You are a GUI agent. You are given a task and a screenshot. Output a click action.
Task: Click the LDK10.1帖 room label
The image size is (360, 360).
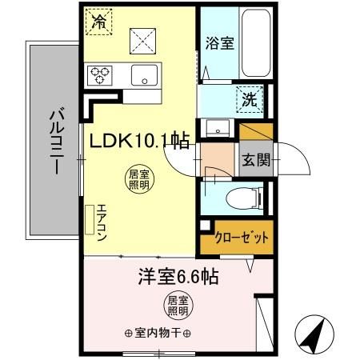pos(139,142)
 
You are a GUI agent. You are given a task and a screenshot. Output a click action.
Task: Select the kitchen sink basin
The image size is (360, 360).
pos(146,75)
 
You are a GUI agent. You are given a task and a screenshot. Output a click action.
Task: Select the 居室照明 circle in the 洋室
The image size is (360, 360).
pos(177,305)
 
